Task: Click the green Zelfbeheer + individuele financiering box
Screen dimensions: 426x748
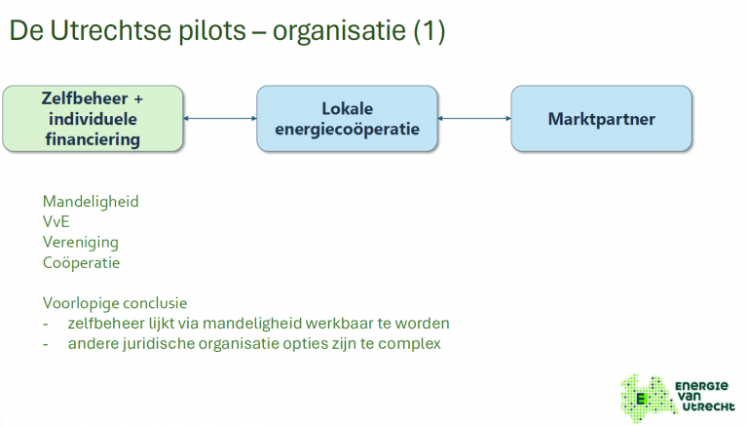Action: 92,119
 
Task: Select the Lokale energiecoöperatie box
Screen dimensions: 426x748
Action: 348,119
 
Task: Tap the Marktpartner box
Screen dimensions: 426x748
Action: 601,119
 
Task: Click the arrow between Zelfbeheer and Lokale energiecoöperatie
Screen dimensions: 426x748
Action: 220,119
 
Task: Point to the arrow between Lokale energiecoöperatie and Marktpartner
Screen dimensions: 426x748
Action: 475,119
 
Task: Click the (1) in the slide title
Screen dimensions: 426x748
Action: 429,31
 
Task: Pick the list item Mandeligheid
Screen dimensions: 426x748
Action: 91,202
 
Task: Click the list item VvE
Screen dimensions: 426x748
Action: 56,222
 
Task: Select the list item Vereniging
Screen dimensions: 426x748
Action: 81,242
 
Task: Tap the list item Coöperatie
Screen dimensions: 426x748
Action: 81,262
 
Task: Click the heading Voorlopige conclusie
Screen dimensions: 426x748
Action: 115,302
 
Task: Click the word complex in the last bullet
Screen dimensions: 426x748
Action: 413,343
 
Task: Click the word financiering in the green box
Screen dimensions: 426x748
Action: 93,139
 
